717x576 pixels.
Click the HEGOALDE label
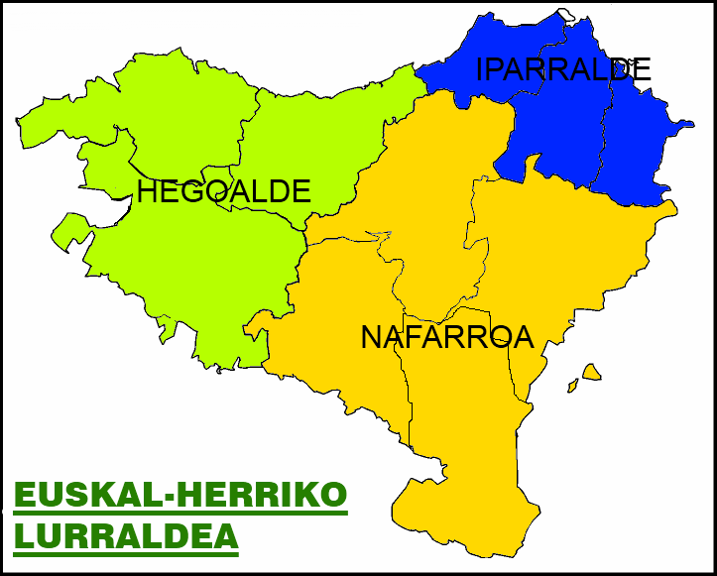tap(224, 191)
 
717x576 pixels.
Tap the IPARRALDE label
tap(563, 69)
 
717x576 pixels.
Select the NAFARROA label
tap(447, 337)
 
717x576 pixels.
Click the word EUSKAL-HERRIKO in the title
tap(180, 494)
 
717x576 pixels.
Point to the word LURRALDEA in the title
tap(126, 535)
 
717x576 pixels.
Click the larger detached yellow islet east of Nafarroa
tap(593, 372)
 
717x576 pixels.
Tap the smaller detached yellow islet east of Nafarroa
tap(571, 385)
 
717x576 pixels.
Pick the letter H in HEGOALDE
tap(147, 191)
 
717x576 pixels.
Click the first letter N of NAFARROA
tap(371, 337)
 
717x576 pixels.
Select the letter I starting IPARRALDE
tap(481, 69)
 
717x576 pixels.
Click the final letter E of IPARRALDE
tap(641, 69)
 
